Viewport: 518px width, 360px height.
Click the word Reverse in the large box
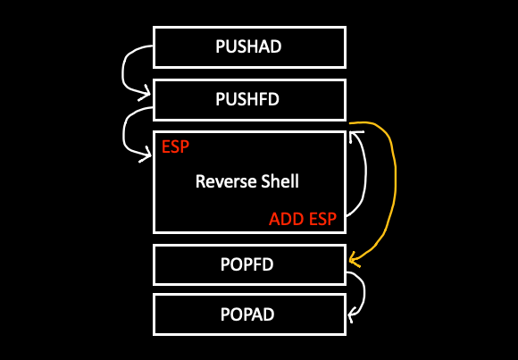[223, 181]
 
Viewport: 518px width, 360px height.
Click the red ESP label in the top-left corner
[175, 147]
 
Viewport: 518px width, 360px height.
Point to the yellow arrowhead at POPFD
[353, 262]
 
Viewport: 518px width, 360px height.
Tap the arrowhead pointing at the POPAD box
[352, 314]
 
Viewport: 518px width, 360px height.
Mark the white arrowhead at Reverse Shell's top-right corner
[356, 136]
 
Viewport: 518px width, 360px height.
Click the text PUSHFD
[248, 99]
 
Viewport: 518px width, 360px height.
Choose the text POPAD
[248, 314]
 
